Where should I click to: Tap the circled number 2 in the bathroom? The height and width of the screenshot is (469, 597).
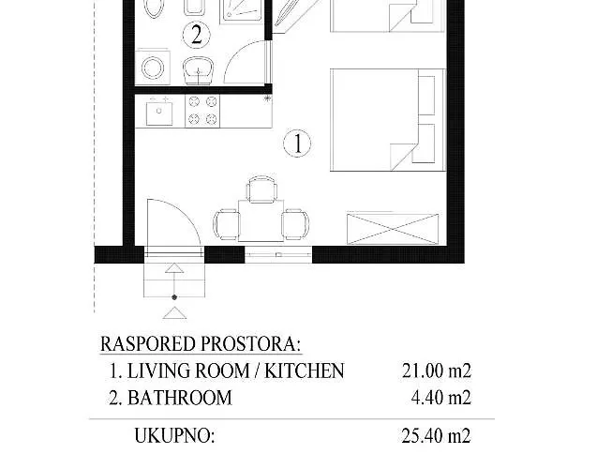(x=196, y=36)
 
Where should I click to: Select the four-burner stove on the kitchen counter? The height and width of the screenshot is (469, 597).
(x=201, y=110)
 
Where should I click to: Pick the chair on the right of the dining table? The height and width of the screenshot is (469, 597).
(x=295, y=223)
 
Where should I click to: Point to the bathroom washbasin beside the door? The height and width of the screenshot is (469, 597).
(x=198, y=69)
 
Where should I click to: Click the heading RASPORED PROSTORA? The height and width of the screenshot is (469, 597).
(x=207, y=344)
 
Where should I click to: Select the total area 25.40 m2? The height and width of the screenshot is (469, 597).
(x=432, y=435)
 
